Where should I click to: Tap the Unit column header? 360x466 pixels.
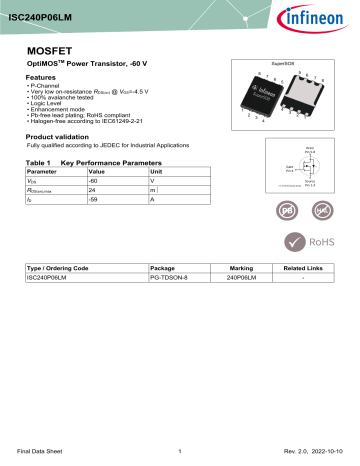pyautogui.click(x=155, y=172)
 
